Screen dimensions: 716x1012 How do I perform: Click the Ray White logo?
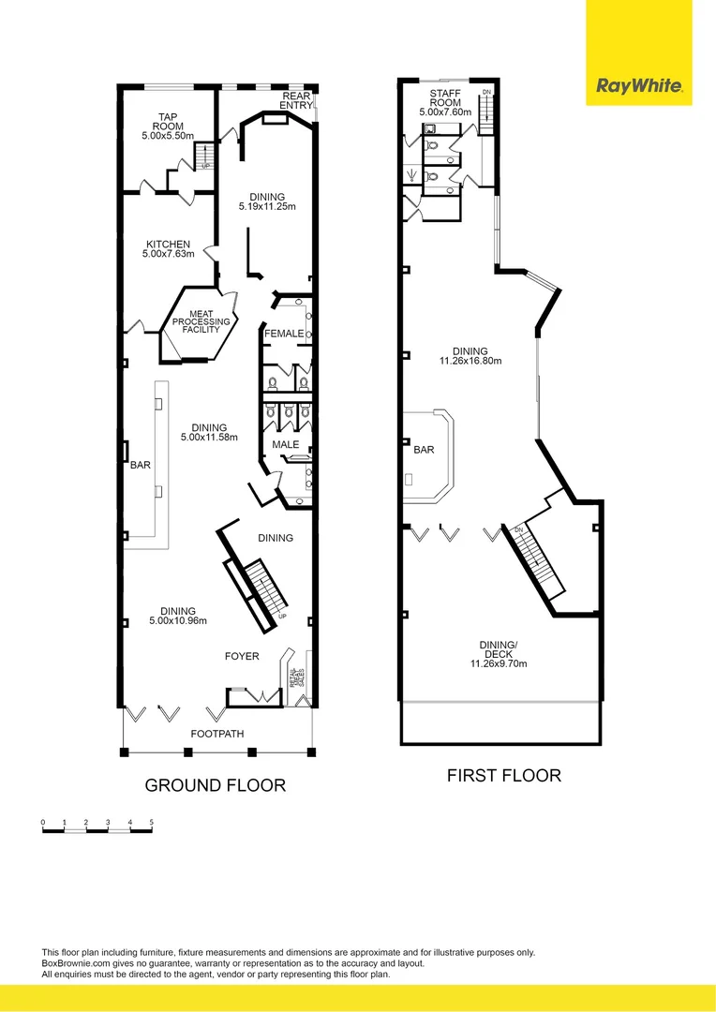point(639,88)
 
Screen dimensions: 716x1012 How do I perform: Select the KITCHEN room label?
point(168,245)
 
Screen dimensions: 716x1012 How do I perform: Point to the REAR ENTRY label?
point(297,100)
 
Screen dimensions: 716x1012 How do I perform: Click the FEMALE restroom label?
point(284,334)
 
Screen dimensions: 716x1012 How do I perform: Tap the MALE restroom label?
point(285,444)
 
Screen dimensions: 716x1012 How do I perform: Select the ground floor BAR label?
point(141,465)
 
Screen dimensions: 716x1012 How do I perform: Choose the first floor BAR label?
point(424,450)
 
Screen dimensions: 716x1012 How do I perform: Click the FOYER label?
point(242,656)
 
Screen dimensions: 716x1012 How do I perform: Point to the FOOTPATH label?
point(217,734)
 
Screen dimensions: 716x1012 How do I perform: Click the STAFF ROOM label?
point(445,98)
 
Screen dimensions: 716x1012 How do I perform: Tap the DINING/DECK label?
point(499,645)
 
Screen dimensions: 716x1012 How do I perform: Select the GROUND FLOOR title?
point(215,785)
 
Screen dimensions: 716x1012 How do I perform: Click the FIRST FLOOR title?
point(503,775)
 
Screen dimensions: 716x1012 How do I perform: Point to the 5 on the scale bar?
point(151,822)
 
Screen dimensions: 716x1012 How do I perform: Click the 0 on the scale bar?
point(43,822)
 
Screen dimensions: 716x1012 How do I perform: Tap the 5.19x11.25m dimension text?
point(266,206)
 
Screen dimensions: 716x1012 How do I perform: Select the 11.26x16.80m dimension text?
point(471,361)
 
